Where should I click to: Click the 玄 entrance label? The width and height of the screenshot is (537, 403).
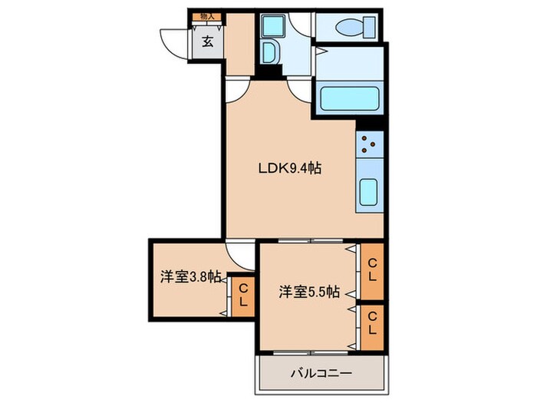point(207,42)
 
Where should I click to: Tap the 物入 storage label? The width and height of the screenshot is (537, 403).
point(207,15)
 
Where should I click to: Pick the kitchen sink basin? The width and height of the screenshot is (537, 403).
point(368,190)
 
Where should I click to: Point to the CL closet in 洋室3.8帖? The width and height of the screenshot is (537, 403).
point(242,295)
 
